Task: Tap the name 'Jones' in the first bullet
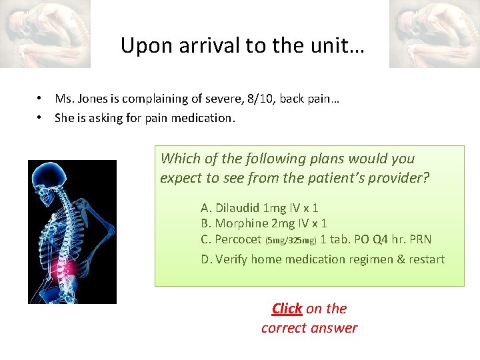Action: [93, 99]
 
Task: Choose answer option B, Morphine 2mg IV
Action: [263, 223]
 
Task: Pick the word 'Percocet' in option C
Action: [239, 239]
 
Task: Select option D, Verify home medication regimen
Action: [323, 259]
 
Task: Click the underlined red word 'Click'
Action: [287, 309]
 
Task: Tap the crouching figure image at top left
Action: [45, 33]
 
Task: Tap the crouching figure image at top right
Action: [434, 33]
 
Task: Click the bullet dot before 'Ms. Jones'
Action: [41, 99]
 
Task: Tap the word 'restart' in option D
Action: [425, 259]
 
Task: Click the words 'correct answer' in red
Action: [309, 328]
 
